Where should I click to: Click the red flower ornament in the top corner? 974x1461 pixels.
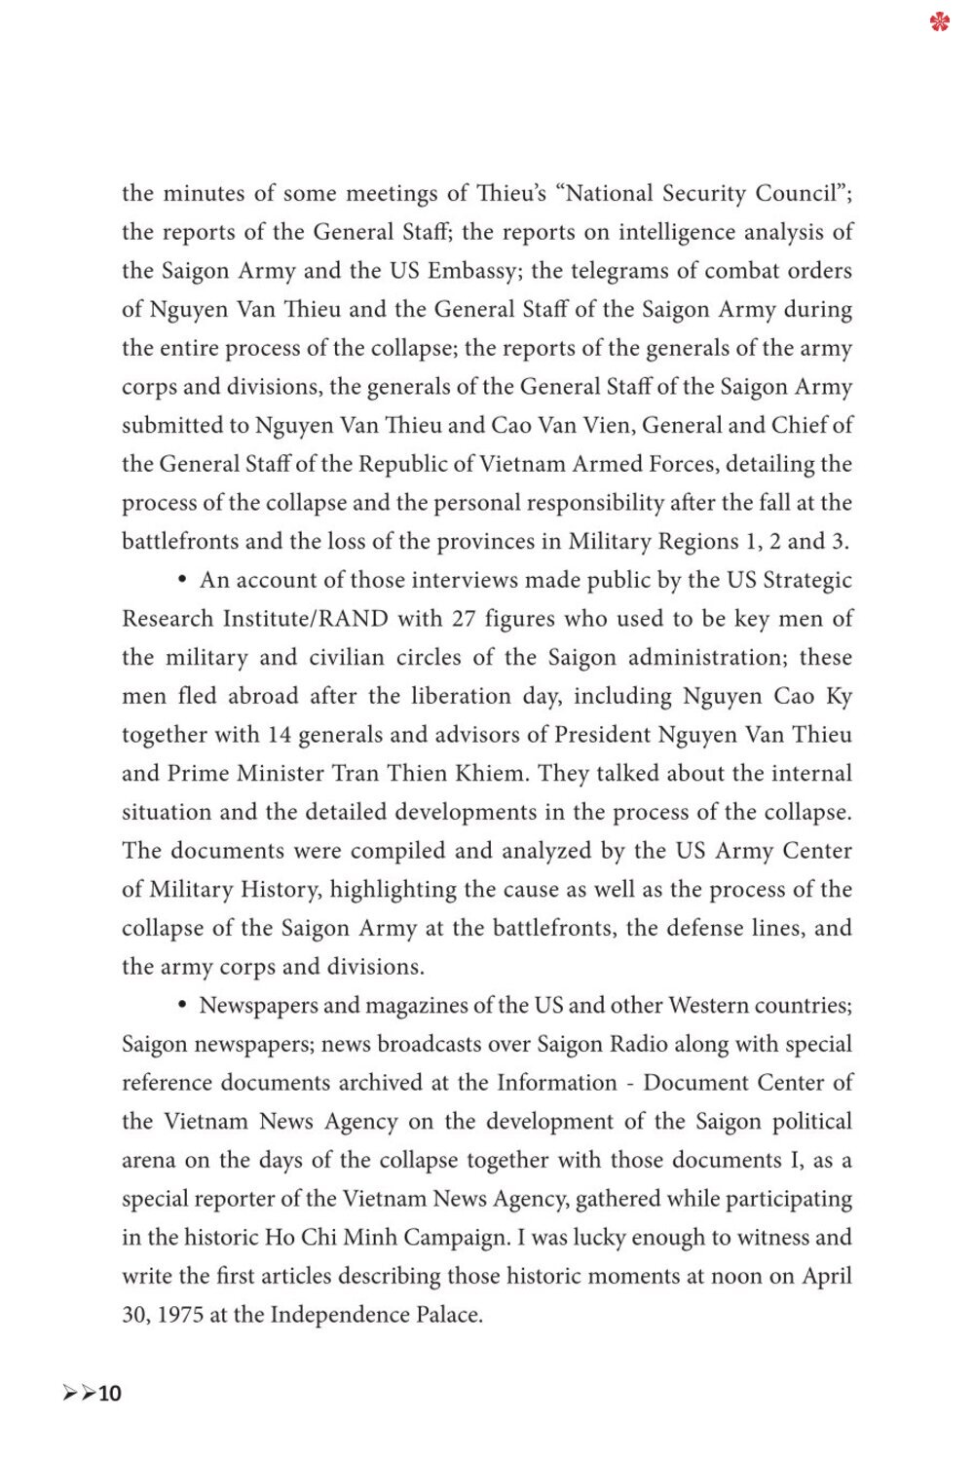pos(939,20)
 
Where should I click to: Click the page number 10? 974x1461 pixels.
pos(110,1394)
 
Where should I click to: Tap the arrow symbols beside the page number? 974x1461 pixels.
pos(79,1394)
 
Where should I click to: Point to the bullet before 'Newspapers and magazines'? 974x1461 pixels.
pos(182,1006)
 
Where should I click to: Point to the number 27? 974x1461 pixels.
pos(464,619)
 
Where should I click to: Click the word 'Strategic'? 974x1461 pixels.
pos(806,581)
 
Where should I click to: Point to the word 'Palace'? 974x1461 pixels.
pos(448,1315)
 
